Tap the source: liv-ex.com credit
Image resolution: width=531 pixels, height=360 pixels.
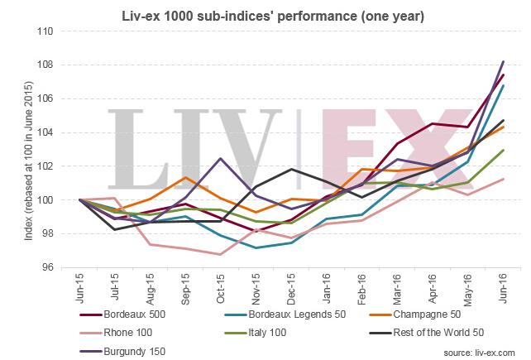coord(481,351)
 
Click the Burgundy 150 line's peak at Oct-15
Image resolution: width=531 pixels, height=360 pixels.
coord(220,158)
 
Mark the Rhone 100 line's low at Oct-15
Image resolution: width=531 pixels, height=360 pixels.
coord(220,254)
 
